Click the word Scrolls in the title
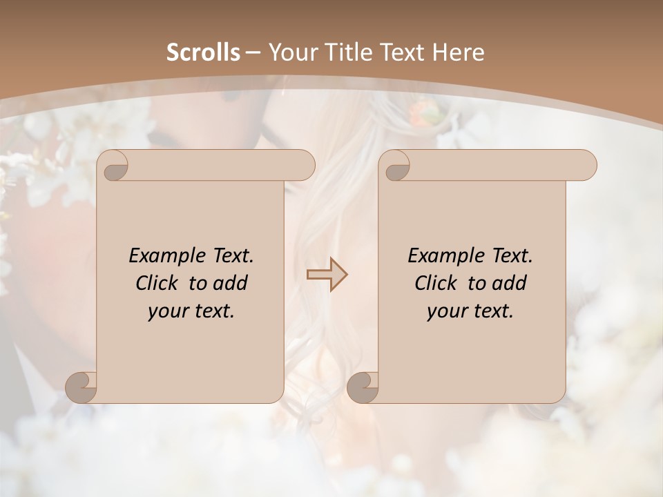tap(203, 52)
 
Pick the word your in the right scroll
tap(446, 311)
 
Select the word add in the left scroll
tap(230, 283)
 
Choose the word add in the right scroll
tap(509, 283)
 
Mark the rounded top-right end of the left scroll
tap(304, 166)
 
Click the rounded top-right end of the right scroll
tap(586, 166)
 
